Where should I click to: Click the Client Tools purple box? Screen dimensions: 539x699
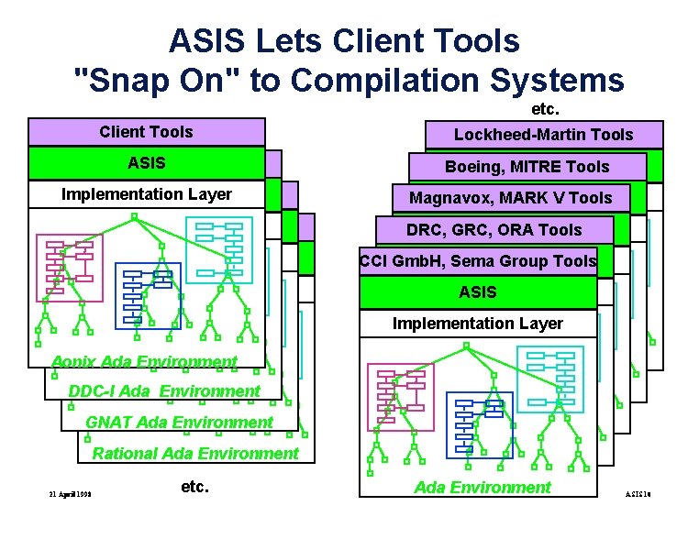tap(147, 132)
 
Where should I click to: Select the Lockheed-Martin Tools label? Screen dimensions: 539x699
tap(543, 135)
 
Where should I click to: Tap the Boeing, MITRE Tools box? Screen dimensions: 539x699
tap(527, 166)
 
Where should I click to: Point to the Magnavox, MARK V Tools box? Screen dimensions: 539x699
tap(510, 198)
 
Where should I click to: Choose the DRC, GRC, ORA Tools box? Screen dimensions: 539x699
tap(494, 229)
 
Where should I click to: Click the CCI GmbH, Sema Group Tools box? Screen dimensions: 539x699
tap(478, 261)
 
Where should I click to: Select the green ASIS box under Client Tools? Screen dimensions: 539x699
tap(147, 163)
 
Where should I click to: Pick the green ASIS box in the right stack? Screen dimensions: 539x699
tap(478, 292)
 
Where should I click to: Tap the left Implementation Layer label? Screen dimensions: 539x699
tap(147, 194)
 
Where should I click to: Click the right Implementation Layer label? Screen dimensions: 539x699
tap(478, 324)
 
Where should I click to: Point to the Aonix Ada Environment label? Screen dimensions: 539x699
tap(144, 361)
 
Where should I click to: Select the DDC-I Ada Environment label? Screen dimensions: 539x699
tap(164, 391)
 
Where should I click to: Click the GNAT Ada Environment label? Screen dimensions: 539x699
tap(179, 423)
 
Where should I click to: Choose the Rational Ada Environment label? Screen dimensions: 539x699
tap(195, 454)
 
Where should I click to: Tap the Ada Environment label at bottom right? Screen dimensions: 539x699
tap(483, 487)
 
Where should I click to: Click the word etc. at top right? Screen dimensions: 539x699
tap(545, 109)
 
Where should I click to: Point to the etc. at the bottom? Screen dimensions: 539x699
tap(194, 487)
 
